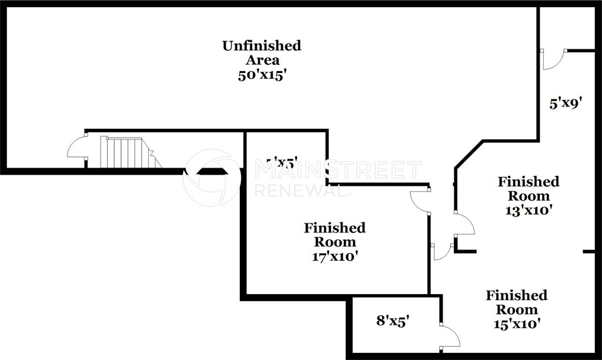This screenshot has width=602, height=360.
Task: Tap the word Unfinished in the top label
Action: [x=261, y=45]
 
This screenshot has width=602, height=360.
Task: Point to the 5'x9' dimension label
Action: [x=566, y=104]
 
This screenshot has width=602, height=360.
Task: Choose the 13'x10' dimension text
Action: [x=528, y=210]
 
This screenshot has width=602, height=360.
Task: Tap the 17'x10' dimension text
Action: [x=335, y=256]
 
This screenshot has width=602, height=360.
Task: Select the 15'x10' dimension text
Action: [x=516, y=324]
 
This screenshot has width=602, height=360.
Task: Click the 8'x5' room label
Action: [x=393, y=321]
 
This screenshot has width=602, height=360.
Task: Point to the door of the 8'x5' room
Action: [x=450, y=335]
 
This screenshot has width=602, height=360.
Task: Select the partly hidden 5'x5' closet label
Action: [x=282, y=162]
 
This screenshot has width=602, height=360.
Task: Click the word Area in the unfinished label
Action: [x=261, y=60]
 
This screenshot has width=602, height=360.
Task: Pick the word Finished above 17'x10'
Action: [x=335, y=228]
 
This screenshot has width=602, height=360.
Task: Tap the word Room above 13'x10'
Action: [x=528, y=196]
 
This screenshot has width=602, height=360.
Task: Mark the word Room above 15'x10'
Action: [x=516, y=309]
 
